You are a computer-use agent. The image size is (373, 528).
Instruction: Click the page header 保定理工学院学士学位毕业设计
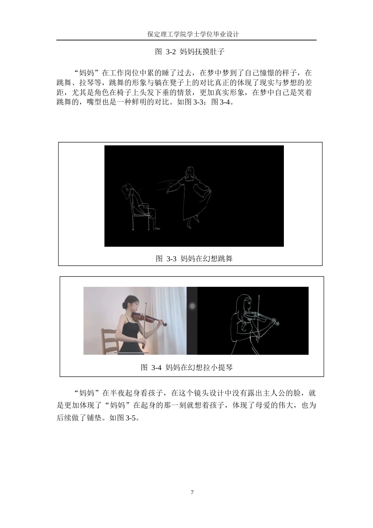pos(193,34)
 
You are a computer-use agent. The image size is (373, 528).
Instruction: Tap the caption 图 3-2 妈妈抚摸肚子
pos(190,51)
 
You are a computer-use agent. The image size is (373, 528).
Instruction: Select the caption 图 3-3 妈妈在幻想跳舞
pos(194,258)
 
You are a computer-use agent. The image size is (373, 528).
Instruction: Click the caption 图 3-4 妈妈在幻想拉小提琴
pos(186,367)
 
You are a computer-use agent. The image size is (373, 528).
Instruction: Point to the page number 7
pos(192,493)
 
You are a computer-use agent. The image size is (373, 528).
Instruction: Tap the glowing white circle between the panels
pos(192,306)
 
